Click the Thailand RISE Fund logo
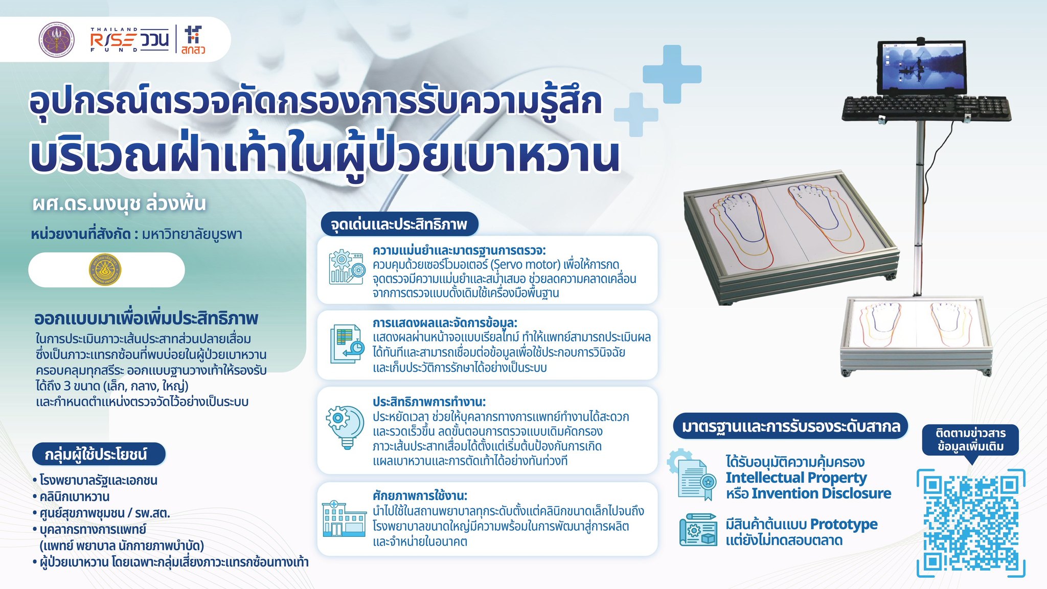click(129, 39)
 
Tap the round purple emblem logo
click(57, 40)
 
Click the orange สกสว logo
click(193, 40)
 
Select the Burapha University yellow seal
click(105, 269)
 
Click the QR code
click(970, 523)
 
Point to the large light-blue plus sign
click(672, 74)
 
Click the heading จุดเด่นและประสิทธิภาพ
click(399, 224)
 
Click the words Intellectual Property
click(796, 478)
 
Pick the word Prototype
click(844, 525)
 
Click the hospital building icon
click(344, 518)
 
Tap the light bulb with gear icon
click(346, 426)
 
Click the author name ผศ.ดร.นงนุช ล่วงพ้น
click(119, 204)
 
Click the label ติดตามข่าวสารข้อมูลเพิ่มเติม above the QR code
click(970, 440)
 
